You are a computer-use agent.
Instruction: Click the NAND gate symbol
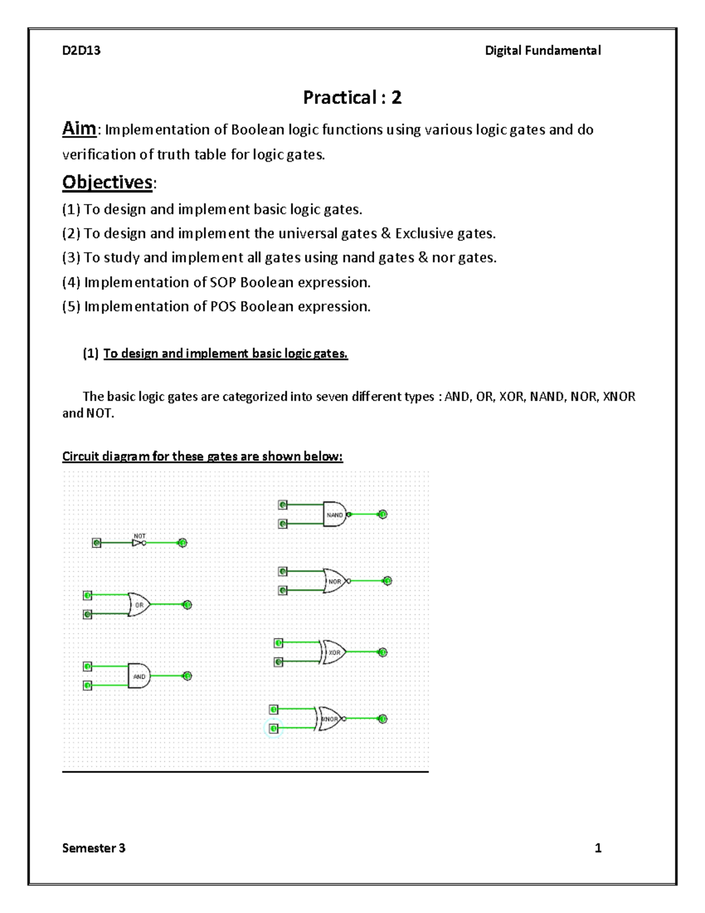(335, 514)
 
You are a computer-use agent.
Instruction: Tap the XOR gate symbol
(334, 652)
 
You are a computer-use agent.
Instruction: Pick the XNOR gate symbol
(330, 718)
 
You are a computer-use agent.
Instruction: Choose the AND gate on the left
(139, 676)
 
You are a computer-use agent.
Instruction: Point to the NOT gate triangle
(137, 543)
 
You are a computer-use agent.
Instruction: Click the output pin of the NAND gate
(382, 514)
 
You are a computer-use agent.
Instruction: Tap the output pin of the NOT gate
(183, 543)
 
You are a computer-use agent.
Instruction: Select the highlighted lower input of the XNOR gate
(274, 729)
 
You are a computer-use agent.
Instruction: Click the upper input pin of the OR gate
(88, 596)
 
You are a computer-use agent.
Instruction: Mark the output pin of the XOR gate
(382, 652)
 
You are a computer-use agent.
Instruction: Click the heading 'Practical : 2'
(352, 98)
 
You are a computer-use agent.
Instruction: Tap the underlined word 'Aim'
(79, 129)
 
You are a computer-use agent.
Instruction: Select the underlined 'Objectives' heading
(108, 182)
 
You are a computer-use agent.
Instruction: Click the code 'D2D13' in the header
(81, 51)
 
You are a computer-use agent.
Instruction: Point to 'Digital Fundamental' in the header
(542, 51)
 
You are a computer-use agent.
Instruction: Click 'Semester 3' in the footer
(93, 848)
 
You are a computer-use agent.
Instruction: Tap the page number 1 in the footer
(598, 848)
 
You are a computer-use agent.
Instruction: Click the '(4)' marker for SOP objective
(71, 283)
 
